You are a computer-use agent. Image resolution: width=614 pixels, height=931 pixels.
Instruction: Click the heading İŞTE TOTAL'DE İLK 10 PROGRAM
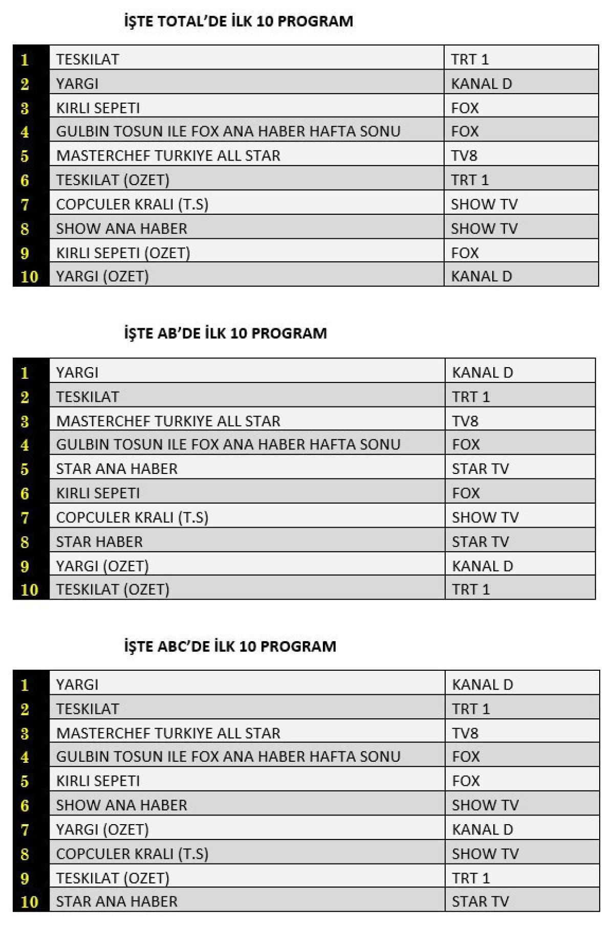[x=238, y=21]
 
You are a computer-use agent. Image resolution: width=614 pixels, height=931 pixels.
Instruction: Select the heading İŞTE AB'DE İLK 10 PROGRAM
[x=225, y=333]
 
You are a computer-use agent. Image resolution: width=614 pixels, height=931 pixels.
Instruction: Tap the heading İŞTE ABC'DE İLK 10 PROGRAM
[x=230, y=646]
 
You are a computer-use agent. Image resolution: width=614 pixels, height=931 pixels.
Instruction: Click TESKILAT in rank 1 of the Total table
[x=87, y=59]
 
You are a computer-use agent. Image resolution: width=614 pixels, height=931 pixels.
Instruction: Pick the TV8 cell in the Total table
[x=464, y=155]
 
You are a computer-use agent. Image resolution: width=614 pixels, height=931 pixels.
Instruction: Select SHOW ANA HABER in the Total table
[x=121, y=229]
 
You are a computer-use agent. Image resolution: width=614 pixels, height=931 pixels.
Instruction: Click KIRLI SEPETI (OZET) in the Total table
[x=123, y=253]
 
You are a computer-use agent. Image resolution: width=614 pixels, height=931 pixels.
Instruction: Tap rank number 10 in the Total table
[x=29, y=277]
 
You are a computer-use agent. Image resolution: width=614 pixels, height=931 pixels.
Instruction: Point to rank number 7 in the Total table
[x=25, y=205]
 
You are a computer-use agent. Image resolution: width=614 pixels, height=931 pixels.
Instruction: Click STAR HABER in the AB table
[x=99, y=542]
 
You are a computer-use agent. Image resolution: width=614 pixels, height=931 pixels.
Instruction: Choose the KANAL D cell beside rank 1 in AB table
[x=482, y=373]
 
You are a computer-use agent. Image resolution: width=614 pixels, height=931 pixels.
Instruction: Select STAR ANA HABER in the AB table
[x=117, y=469]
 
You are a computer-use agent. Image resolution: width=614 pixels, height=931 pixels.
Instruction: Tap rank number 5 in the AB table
[x=25, y=469]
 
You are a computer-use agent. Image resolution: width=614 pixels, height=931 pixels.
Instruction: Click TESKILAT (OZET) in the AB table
[x=113, y=589]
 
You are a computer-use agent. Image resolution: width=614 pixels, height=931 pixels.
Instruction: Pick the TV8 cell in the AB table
[x=465, y=421]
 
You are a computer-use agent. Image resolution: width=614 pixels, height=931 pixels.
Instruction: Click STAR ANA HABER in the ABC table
[x=117, y=901]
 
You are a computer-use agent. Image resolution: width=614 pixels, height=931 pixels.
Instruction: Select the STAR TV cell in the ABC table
[x=480, y=901]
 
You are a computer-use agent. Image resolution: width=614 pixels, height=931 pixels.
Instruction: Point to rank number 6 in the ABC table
[x=25, y=806]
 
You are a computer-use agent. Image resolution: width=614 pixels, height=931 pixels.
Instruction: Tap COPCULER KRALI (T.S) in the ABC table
[x=132, y=854]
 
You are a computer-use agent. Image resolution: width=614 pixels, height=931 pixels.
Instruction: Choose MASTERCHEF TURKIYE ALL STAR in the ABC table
[x=168, y=733]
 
